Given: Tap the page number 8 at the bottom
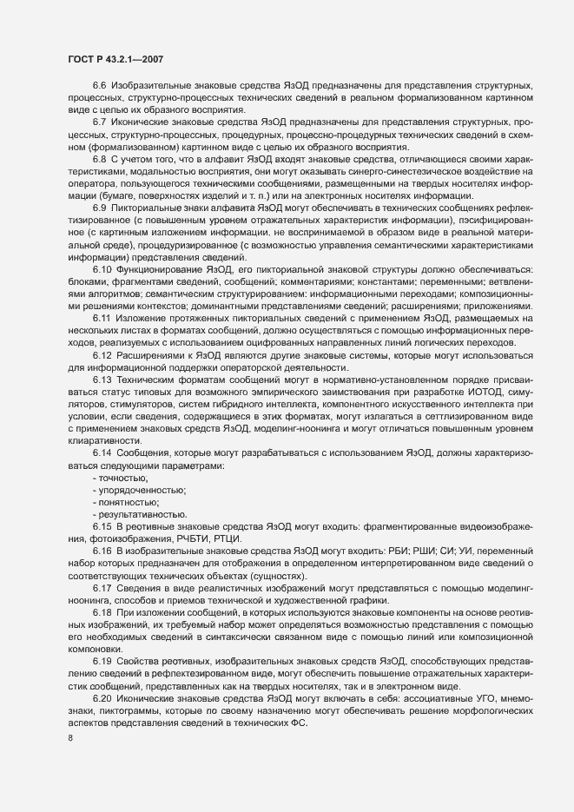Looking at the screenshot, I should point(70,739).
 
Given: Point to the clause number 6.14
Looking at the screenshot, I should point(102,456).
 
